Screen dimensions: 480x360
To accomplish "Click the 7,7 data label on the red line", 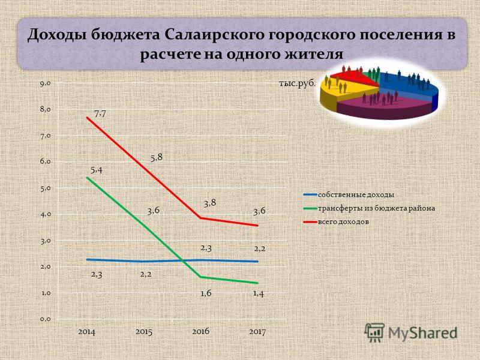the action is pyautogui.click(x=100, y=114).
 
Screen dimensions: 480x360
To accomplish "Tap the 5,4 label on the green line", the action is pyautogui.click(x=97, y=170).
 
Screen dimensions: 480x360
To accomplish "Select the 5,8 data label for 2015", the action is pyautogui.click(x=157, y=158).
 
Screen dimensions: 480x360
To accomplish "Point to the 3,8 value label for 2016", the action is pyautogui.click(x=210, y=203).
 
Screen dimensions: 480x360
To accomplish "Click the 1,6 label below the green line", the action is pyautogui.click(x=206, y=293).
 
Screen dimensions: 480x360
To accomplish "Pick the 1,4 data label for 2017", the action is pyautogui.click(x=259, y=293).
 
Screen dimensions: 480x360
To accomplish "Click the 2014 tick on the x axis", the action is pyautogui.click(x=86, y=332).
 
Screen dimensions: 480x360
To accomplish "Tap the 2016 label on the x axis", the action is pyautogui.click(x=201, y=331).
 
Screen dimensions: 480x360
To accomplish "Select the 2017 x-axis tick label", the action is pyautogui.click(x=257, y=332).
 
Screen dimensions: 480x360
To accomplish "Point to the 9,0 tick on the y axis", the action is pyautogui.click(x=45, y=83).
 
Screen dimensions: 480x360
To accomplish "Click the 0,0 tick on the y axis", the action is pyautogui.click(x=45, y=319).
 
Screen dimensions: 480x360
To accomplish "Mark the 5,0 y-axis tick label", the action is pyautogui.click(x=45, y=188).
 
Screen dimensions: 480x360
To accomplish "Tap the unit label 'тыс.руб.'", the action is pyautogui.click(x=297, y=83).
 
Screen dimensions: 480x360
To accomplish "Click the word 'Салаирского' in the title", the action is pyautogui.click(x=214, y=35).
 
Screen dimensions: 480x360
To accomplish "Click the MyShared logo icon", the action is pyautogui.click(x=374, y=333).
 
